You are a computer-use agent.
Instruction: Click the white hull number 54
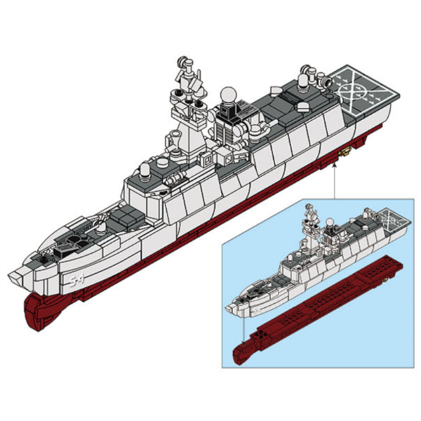pos(76,281)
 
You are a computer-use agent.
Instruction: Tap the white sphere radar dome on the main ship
pos(228,95)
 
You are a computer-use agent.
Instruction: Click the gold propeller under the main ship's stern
pos(345,153)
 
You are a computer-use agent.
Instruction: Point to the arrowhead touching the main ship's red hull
pos(334,165)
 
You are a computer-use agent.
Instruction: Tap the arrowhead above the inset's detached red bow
pos(243,342)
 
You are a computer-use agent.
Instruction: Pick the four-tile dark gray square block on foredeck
pos(125,216)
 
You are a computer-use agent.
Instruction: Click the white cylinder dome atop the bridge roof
pos(145,171)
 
